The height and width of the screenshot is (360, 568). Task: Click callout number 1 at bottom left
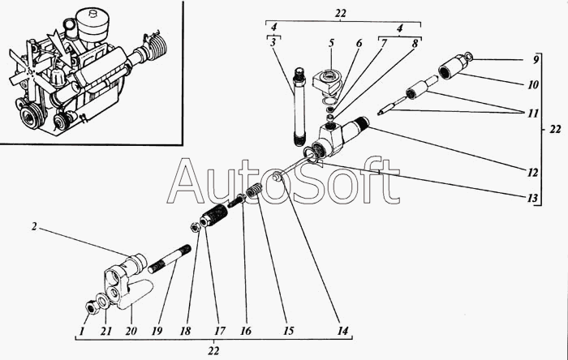pos(82,331)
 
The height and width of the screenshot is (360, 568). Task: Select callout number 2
pos(34,227)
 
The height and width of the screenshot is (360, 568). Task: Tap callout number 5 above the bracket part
pos(331,43)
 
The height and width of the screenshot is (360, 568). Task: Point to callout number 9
pos(536,59)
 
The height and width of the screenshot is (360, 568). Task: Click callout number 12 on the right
pos(532,173)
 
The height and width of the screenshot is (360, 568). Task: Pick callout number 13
pos(532,198)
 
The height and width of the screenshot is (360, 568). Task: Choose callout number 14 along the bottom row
pos(342,331)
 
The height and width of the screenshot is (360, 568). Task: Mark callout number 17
pos(220,331)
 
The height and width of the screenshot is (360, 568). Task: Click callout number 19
pos(157,331)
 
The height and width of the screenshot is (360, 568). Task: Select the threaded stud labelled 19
pos(169,259)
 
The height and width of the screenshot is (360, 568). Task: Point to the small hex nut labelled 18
pos(195,227)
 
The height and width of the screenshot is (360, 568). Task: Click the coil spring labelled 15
pos(254,190)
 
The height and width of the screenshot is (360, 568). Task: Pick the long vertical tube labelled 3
pos(299,105)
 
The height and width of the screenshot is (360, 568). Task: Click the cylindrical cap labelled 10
pos(452,66)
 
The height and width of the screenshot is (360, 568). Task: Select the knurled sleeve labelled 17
pos(214,216)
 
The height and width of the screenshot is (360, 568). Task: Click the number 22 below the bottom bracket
pos(213,350)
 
